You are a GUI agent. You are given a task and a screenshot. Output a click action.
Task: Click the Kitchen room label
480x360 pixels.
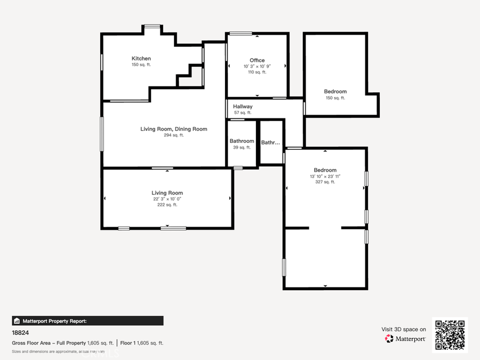(x=141, y=59)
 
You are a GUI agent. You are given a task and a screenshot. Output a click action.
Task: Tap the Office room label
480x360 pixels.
(x=257, y=60)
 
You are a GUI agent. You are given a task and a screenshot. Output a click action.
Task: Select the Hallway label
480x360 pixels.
(x=243, y=107)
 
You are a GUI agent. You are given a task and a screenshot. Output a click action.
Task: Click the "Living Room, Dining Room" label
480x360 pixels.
(x=173, y=129)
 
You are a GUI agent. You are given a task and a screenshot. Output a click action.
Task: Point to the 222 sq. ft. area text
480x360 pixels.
(x=167, y=205)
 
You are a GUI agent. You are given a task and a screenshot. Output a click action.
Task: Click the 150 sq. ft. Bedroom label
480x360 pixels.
(x=335, y=92)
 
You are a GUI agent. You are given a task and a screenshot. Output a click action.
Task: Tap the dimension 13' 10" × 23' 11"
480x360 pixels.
(x=325, y=177)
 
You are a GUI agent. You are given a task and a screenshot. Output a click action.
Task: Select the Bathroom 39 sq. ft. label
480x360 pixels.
(x=242, y=141)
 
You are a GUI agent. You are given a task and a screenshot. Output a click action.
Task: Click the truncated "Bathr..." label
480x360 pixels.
(x=270, y=142)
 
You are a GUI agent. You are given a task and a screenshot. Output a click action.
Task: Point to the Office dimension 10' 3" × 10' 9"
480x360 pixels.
(x=257, y=66)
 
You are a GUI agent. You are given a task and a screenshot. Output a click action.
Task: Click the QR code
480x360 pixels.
(x=450, y=335)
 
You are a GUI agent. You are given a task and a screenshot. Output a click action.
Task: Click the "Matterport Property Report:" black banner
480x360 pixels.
(x=87, y=321)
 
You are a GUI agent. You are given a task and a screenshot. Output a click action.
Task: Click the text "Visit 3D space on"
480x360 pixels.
(x=403, y=330)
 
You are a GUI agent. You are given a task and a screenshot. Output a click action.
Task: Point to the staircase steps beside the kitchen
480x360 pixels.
(x=190, y=75)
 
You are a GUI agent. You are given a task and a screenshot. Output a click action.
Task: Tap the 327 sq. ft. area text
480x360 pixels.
(x=325, y=182)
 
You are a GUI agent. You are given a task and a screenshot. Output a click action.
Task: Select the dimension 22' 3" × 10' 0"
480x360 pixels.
(x=167, y=199)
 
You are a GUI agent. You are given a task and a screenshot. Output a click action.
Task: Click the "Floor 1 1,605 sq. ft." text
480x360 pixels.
(x=141, y=343)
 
